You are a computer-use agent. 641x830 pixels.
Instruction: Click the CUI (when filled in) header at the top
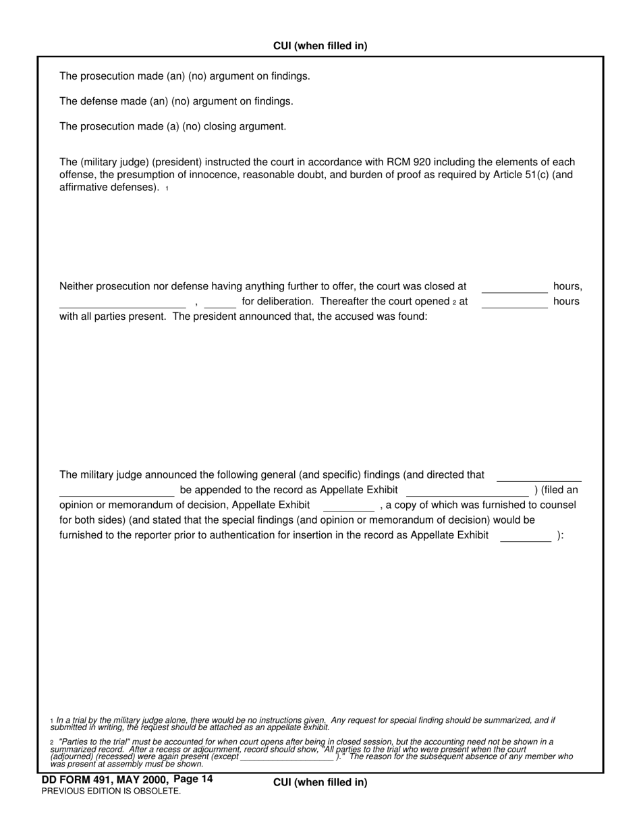(x=320, y=46)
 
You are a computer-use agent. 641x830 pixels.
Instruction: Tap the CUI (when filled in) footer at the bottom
(x=320, y=782)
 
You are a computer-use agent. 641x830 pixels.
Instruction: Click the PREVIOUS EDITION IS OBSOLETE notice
(x=111, y=791)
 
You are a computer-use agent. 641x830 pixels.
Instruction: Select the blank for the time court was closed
(x=514, y=287)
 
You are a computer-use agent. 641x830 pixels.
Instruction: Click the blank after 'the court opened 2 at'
(x=514, y=302)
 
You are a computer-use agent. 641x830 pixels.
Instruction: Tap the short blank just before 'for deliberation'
(x=220, y=302)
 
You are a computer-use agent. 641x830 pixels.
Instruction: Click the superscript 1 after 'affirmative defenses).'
(x=167, y=189)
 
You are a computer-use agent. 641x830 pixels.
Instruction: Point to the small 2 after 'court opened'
(x=455, y=302)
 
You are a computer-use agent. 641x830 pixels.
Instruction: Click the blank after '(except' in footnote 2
(x=287, y=757)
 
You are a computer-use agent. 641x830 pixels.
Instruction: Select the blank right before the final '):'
(x=526, y=536)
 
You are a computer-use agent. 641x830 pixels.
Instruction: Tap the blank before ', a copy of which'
(x=348, y=505)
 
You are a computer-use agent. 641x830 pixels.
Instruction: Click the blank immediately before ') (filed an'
(x=467, y=491)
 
